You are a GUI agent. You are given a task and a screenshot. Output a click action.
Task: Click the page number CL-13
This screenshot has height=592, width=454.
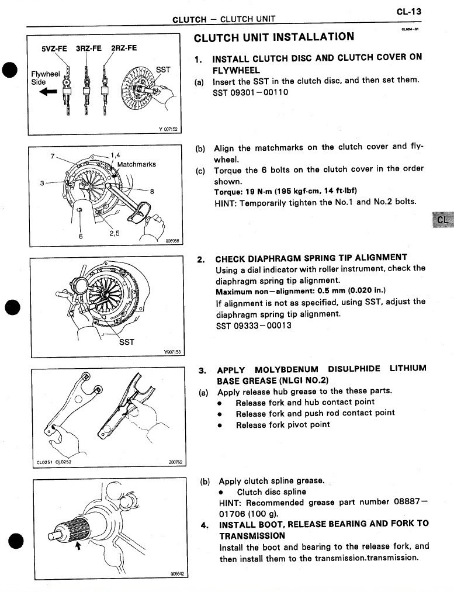pos(409,11)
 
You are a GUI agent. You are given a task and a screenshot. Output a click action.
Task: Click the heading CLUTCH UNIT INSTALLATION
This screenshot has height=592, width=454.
pos(273,37)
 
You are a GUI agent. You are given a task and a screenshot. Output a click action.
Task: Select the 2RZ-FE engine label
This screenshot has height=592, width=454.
pos(124,49)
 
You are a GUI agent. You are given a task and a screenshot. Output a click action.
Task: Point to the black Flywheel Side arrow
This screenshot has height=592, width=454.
pos(48,91)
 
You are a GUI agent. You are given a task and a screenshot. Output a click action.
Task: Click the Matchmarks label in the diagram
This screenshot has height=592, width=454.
pos(137,164)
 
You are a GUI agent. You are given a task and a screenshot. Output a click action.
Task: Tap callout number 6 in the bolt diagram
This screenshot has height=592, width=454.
pos(81,236)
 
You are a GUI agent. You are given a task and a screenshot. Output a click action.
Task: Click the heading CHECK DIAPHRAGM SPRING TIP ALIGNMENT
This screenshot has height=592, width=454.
pos(311,258)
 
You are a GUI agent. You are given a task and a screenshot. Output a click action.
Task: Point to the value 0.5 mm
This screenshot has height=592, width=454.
pos(315,291)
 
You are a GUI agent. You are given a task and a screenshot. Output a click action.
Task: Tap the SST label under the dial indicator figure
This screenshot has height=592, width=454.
pos(127,342)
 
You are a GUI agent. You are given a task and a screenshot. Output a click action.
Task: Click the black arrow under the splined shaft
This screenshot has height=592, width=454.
pos(78,546)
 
